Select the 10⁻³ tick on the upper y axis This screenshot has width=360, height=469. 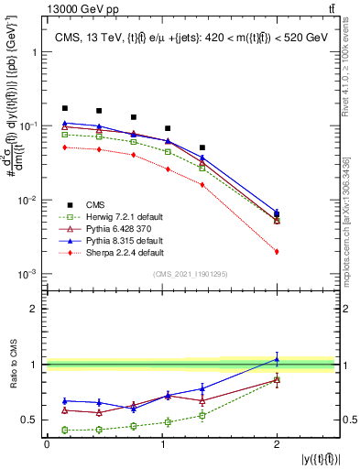click(30, 275)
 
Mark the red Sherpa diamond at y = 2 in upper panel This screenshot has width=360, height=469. click(277, 251)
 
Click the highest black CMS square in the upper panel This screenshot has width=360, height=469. click(65, 108)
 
